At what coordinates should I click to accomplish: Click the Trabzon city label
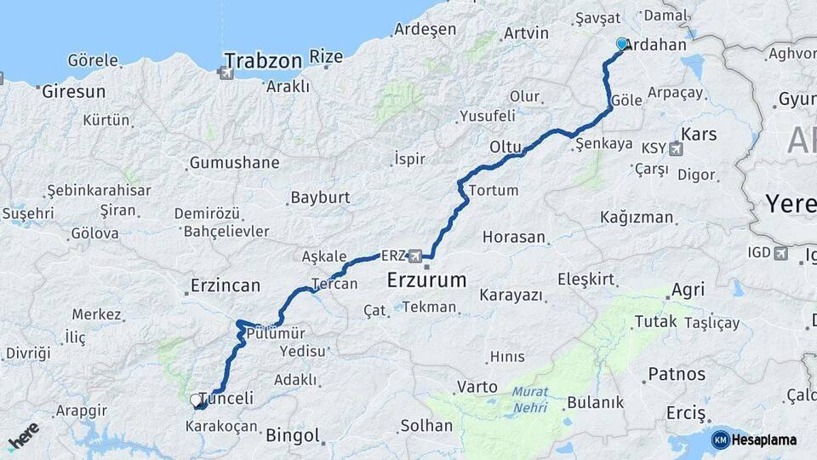tap(264, 60)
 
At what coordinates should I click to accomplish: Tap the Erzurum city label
tap(427, 279)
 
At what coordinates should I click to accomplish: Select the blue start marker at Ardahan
tap(622, 44)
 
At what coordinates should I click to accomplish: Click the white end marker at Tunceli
tap(197, 400)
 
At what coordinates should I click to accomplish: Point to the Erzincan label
tap(226, 285)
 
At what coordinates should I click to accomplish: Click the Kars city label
tap(700, 134)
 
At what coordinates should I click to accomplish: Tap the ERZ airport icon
tap(415, 256)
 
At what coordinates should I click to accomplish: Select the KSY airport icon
tap(677, 150)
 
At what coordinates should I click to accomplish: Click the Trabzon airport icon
tap(226, 73)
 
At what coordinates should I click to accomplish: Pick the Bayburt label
tap(320, 198)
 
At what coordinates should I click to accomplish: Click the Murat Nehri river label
tap(532, 400)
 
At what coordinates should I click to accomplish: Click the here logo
tap(24, 435)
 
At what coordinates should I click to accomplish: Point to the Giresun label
tap(74, 90)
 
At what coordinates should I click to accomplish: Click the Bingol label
tap(292, 436)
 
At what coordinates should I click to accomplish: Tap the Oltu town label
tap(505, 147)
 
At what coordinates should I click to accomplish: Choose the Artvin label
tap(526, 33)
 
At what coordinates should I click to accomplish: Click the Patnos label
tap(677, 374)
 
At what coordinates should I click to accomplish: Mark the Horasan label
tap(514, 238)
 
